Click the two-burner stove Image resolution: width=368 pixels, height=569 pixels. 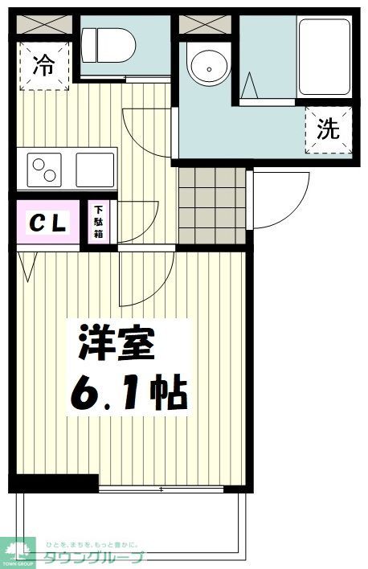[44, 170]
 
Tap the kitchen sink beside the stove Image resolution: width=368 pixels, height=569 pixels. [95, 170]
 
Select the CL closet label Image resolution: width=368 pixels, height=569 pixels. [48, 223]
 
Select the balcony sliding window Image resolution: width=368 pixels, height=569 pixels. [169, 489]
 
